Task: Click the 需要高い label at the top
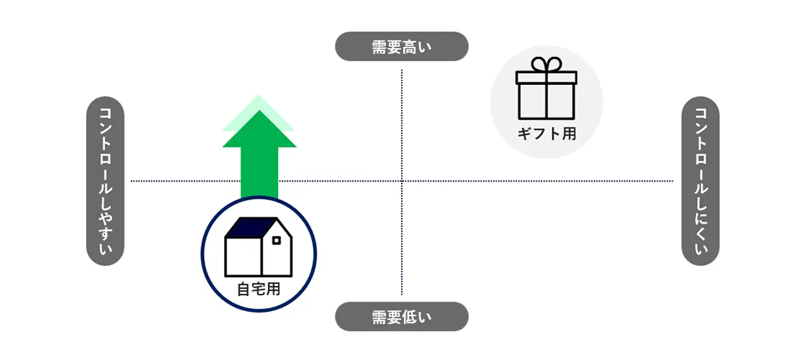402,47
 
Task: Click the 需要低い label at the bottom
402,317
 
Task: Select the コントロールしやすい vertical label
105,181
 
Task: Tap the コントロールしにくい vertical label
700,181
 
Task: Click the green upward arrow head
259,130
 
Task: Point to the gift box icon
546,94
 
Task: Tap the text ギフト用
547,133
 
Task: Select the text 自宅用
259,290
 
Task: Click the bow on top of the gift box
547,64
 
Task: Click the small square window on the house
276,240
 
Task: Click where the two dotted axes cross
402,181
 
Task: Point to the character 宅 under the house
259,290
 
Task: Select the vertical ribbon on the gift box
547,101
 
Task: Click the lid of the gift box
547,78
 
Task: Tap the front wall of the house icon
243,256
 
